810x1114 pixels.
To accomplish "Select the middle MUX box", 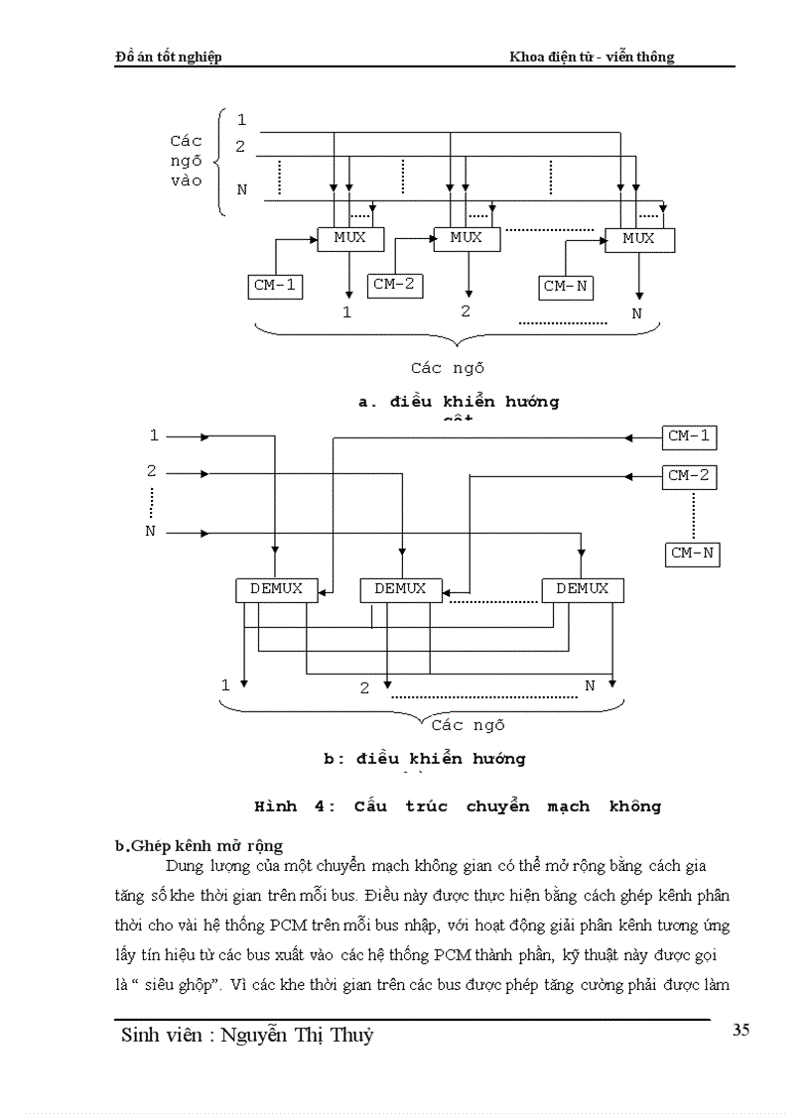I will click(466, 239).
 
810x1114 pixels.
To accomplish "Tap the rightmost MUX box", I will click(638, 239).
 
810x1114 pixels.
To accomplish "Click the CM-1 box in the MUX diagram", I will click(275, 287).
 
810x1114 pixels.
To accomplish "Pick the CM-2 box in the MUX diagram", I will click(394, 286).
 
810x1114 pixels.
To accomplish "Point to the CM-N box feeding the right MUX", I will click(566, 287).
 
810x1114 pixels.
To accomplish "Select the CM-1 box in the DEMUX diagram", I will click(689, 435).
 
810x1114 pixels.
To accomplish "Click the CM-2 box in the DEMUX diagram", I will click(689, 476).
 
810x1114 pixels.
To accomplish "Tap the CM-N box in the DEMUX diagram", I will click(692, 554).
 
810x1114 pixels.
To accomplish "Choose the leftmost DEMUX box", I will click(276, 589).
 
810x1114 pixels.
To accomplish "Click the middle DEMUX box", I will click(399, 589).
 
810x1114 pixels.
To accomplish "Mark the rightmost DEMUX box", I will click(582, 589).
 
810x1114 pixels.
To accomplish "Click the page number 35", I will click(741, 1030).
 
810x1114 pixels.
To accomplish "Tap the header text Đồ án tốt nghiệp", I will click(169, 57).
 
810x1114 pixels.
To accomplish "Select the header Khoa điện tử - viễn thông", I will click(592, 57).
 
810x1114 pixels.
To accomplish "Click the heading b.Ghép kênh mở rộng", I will click(200, 845).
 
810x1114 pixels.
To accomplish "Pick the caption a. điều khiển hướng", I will click(458, 402).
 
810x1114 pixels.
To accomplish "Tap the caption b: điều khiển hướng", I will click(425, 759).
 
